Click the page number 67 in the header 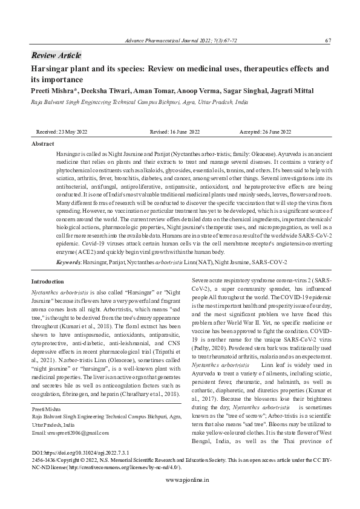click(x=327, y=41)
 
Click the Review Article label click(x=56, y=56)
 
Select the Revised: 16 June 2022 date click(x=175, y=132)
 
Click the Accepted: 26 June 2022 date click(x=266, y=132)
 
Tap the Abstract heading click(x=43, y=144)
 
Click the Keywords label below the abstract click(x=68, y=262)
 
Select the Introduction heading click(x=47, y=282)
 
